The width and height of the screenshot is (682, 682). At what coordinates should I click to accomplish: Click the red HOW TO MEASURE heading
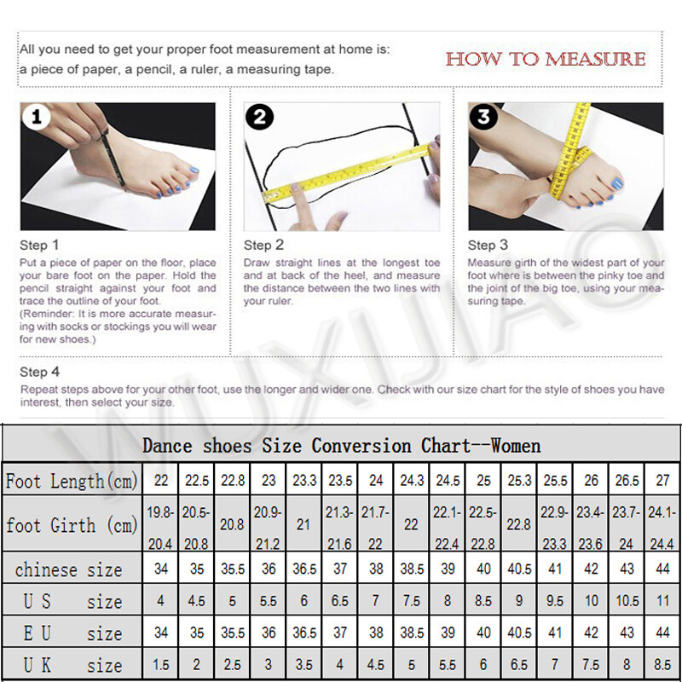[x=546, y=59]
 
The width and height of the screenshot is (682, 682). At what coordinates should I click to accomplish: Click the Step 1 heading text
[x=39, y=245]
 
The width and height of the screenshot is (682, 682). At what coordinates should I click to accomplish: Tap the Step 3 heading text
[x=488, y=245]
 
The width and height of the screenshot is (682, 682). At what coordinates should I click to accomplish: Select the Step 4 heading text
[x=39, y=372]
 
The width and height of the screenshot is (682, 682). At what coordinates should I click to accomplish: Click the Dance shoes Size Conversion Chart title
[x=341, y=445]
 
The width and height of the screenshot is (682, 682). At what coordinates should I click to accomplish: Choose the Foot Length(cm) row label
[x=72, y=481]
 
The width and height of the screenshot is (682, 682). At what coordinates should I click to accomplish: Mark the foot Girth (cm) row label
[x=72, y=524]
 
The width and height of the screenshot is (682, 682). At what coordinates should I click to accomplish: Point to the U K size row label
[x=72, y=665]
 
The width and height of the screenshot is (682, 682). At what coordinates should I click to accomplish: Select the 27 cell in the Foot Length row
[x=662, y=481]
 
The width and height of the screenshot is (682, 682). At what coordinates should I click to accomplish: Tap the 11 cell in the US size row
[x=662, y=601]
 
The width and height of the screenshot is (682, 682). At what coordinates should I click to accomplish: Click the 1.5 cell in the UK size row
[x=160, y=665]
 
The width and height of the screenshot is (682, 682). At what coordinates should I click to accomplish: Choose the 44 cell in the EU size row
[x=662, y=633]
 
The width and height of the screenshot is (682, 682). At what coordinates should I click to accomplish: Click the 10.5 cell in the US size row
[x=627, y=601]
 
